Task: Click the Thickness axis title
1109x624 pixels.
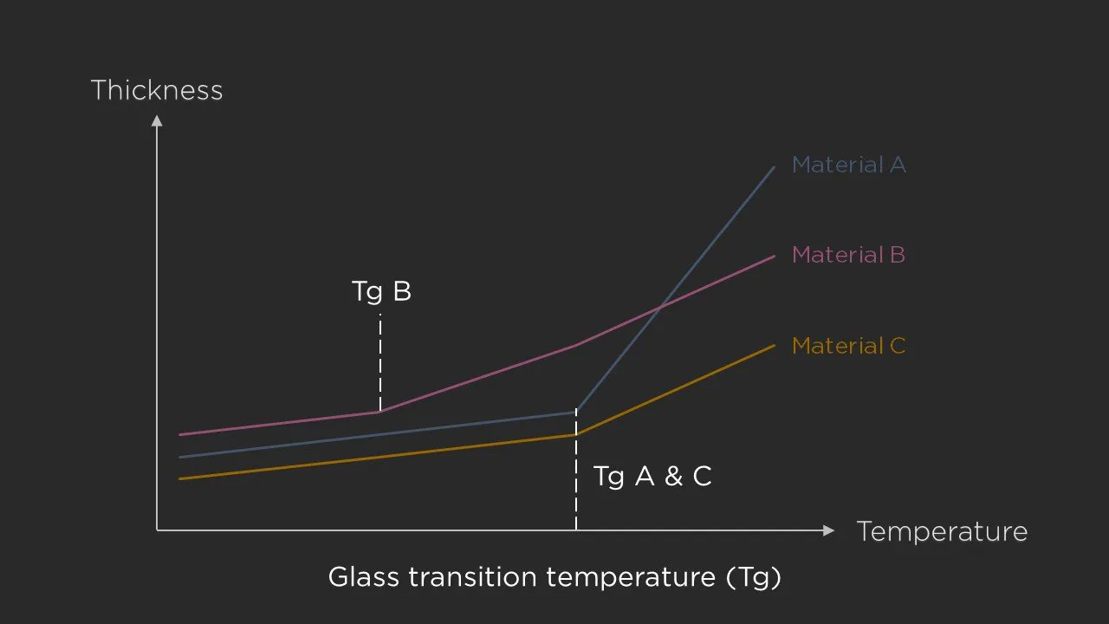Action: coord(157,90)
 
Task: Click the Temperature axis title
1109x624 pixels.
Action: coord(942,531)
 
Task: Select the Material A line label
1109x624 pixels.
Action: coord(848,165)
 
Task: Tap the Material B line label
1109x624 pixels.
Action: coord(848,255)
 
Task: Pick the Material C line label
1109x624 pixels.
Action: coord(848,346)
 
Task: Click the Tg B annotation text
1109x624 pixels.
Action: coord(381,291)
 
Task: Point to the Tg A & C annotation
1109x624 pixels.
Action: coord(652,476)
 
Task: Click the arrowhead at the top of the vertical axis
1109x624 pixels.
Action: coord(157,120)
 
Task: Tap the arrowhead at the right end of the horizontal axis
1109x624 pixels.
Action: coord(829,530)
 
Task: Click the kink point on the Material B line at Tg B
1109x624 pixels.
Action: coord(379,412)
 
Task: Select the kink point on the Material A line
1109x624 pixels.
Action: coord(576,412)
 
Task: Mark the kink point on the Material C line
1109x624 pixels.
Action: coord(576,434)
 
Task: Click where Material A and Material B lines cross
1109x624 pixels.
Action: coord(661,305)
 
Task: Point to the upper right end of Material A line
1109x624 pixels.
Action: coord(774,166)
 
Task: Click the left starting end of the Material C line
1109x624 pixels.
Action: coord(180,478)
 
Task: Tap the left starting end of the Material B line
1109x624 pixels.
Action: coord(180,434)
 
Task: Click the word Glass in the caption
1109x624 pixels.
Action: coord(360,577)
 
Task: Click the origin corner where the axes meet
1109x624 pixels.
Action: coord(157,530)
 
